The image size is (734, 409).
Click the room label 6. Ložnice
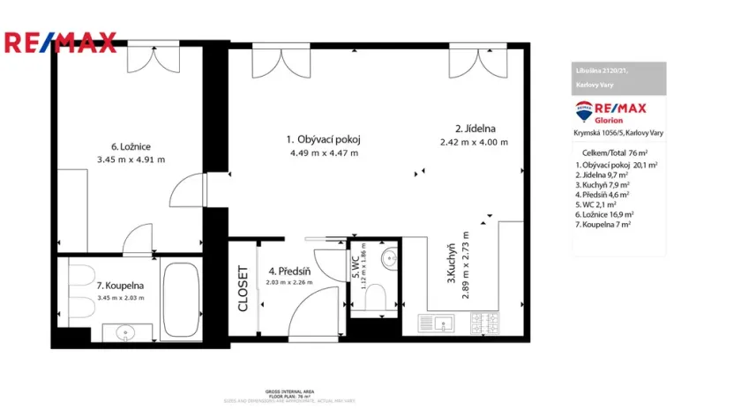[130, 146]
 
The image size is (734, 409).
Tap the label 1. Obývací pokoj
[324, 139]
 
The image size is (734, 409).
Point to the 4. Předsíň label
[286, 271]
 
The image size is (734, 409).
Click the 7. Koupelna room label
[119, 286]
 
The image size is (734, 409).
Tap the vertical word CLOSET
[243, 289]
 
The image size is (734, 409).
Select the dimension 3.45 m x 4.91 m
[131, 160]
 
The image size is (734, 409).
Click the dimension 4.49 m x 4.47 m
[324, 152]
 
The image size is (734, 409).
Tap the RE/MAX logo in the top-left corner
[60, 41]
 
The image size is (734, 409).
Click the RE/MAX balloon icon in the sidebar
[584, 111]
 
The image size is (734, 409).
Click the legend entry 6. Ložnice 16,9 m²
[604, 213]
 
